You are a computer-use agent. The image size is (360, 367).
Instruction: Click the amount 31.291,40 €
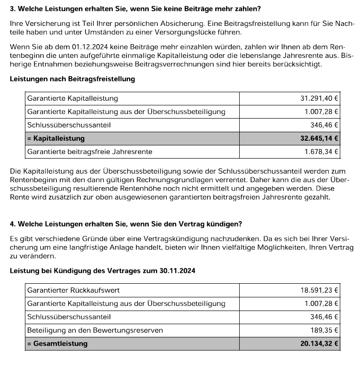point(320,98)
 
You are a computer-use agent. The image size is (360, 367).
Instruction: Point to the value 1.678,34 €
point(322,152)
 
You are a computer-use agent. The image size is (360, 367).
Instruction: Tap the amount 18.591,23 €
point(320,290)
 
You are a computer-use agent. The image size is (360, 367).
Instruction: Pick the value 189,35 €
point(324,330)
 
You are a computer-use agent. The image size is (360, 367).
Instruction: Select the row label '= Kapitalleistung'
point(56,138)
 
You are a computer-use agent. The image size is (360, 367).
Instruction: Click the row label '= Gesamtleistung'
point(57,343)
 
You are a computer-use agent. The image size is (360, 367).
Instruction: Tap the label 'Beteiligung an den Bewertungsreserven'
point(95,330)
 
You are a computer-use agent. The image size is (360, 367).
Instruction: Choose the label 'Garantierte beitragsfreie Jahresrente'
point(90,152)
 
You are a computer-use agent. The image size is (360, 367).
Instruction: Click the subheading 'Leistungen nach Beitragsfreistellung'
point(72,79)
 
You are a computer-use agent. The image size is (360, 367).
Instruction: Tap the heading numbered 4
point(126,223)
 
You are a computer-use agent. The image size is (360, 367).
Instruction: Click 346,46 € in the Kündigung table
point(324,317)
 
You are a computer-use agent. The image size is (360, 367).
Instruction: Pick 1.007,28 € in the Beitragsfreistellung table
point(322,112)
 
